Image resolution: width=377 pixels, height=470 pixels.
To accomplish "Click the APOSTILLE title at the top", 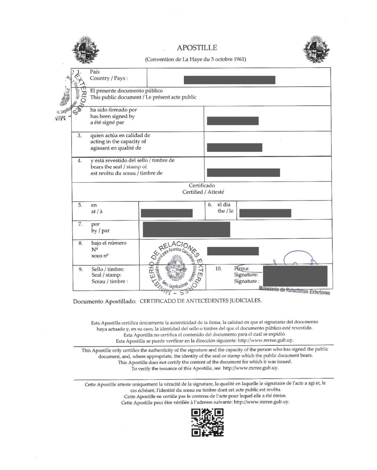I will click(x=197, y=48).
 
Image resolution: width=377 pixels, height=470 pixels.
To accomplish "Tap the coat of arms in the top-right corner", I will click(x=316, y=50).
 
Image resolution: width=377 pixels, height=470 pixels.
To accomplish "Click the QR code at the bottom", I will click(x=207, y=422).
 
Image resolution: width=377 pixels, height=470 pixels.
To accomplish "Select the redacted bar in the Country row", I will click(x=229, y=80).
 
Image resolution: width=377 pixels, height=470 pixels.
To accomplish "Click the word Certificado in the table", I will click(x=202, y=186).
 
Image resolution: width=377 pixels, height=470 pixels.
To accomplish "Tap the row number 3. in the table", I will click(x=80, y=135).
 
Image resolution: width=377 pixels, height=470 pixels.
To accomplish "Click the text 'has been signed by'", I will click(x=112, y=116).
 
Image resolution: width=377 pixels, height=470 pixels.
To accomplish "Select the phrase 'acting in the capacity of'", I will click(x=118, y=142).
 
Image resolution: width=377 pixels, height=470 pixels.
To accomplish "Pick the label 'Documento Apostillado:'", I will click(x=104, y=301).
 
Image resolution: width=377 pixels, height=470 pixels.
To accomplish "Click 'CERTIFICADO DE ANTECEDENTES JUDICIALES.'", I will click(x=200, y=301).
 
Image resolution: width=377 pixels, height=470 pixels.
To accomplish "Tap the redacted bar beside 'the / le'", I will click(x=265, y=213).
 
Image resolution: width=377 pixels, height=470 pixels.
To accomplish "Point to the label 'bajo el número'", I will click(x=109, y=243).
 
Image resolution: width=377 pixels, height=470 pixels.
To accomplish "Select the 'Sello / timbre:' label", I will click(x=108, y=269).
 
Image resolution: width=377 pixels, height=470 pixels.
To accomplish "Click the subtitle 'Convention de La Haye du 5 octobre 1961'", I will click(x=196, y=59).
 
